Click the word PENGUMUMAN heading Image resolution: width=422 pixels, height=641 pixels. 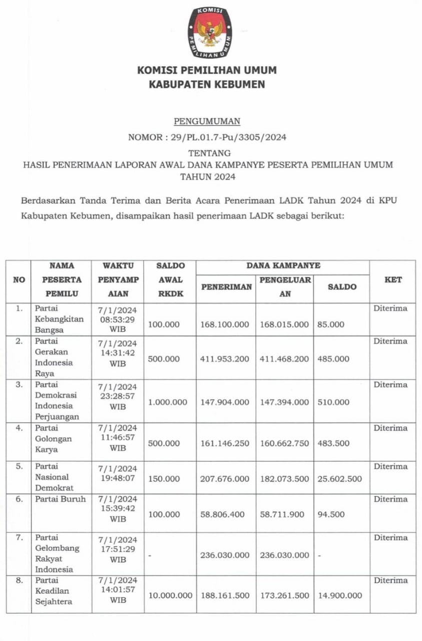207,121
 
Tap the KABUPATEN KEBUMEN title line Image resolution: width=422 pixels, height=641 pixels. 207,85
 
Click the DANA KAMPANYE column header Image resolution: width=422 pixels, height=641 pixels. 283,266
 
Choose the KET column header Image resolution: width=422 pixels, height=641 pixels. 393,280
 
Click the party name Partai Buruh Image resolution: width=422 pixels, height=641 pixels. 60,499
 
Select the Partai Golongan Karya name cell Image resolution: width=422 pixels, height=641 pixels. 54,439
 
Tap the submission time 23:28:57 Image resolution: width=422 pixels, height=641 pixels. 118,396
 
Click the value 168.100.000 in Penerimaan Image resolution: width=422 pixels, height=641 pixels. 225,325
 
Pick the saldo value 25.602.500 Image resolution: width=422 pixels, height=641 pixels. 339,479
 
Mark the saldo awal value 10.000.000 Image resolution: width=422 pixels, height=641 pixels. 170,595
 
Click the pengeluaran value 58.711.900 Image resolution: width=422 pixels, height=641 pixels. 284,514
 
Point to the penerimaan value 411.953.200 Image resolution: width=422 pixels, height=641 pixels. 225,359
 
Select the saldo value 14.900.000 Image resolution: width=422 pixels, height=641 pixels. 339,595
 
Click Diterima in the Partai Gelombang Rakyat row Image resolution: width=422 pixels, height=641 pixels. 390,537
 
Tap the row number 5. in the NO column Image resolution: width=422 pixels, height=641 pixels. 19,466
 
